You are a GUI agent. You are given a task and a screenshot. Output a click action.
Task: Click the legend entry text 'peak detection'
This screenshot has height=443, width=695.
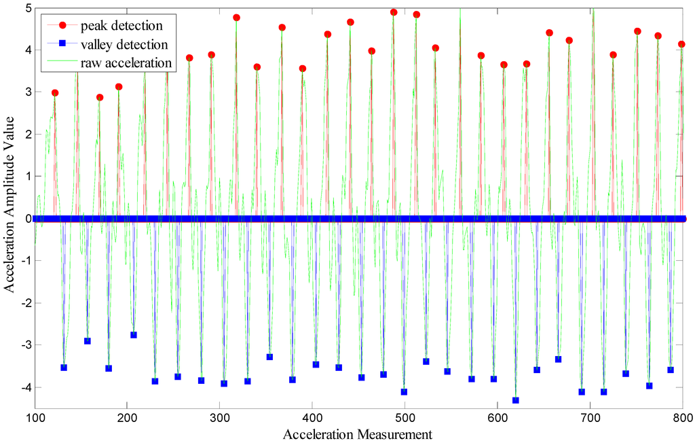[121, 26]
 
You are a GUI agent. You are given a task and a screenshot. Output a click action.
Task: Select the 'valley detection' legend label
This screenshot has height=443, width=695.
[124, 45]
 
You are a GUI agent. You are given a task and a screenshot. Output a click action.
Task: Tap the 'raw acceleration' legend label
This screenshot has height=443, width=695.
[126, 63]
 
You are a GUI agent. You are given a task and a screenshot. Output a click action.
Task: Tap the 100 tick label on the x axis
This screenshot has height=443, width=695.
[35, 417]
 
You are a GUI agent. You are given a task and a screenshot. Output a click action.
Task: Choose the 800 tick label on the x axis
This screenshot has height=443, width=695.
[681, 417]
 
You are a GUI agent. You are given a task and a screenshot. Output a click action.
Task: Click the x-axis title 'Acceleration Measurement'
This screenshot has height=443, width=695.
[358, 433]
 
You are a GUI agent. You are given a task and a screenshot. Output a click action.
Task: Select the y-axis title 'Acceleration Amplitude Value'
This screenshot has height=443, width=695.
[10, 207]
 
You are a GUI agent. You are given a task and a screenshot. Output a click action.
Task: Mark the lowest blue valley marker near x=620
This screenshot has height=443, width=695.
[515, 400]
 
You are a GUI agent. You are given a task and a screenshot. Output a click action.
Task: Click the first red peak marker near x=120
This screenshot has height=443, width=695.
[55, 92]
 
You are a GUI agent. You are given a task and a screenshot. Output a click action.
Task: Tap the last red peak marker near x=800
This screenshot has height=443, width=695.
[681, 44]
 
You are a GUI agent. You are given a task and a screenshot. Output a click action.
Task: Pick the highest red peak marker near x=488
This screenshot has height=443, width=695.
[394, 12]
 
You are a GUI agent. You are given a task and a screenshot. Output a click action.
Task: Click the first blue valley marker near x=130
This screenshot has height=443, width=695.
[64, 368]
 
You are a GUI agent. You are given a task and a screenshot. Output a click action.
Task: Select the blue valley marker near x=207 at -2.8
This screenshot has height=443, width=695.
[134, 335]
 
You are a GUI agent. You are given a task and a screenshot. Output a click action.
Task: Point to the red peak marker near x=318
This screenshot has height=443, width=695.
[236, 18]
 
